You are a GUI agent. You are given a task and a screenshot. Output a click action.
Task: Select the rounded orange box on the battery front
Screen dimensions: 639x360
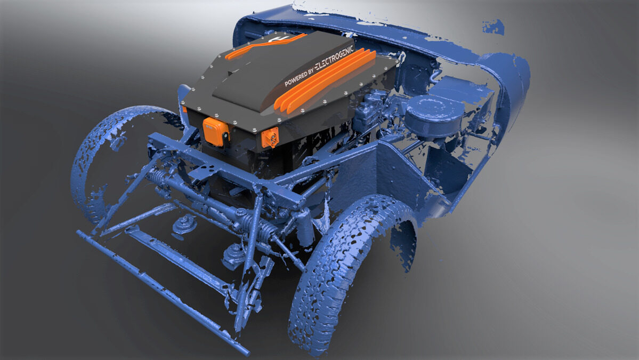click(216, 132)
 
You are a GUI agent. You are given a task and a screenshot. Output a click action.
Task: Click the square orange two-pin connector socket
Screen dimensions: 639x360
click(270, 138)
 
